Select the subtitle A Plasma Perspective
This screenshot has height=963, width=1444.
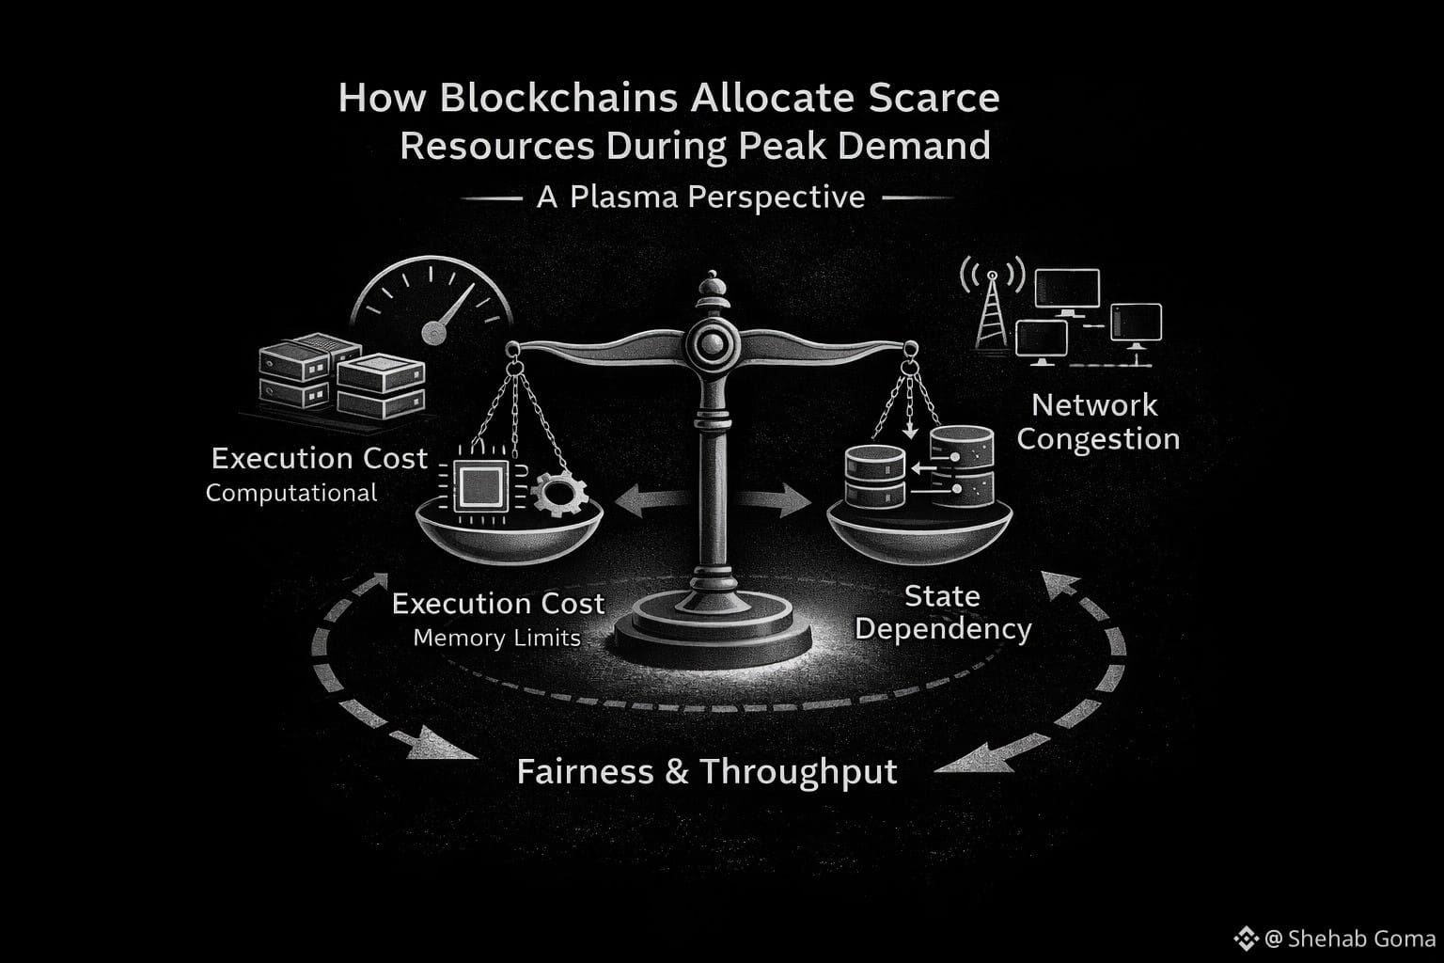(700, 197)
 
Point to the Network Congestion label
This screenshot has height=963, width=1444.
(1097, 421)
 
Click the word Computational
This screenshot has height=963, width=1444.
(291, 493)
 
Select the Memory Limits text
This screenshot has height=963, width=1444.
(496, 638)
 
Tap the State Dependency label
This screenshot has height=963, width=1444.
(942, 612)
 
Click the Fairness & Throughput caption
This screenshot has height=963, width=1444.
(707, 772)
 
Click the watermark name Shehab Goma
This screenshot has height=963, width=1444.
(1360, 939)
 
